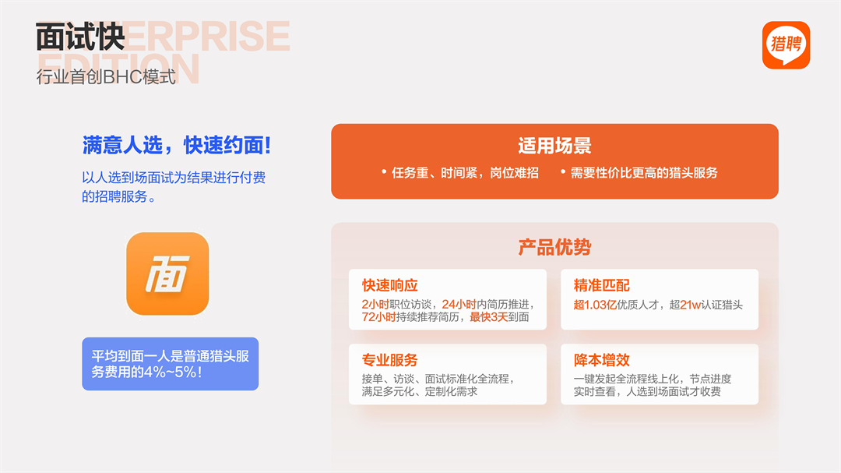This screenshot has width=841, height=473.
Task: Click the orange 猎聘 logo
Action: pos(786,45)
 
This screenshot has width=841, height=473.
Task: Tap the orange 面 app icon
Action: pos(167,274)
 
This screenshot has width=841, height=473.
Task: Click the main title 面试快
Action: pos(80,37)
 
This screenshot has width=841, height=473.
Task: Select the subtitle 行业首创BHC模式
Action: pos(106,77)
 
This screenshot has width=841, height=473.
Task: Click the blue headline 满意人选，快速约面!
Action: pos(177,145)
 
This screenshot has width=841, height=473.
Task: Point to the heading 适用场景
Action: pos(554,146)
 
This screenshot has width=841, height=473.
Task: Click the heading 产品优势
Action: pos(554,247)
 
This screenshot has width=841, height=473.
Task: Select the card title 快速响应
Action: pos(390,285)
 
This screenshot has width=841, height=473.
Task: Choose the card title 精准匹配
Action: pos(602,285)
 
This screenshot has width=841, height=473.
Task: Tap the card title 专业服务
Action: pos(390,360)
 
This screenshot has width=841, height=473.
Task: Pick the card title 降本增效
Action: pos(602,360)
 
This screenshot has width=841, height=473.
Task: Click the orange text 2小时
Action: pos(375,305)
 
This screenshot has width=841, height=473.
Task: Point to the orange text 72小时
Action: pos(378,317)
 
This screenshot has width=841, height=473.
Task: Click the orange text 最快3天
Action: pos(488,317)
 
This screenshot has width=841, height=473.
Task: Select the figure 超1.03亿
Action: pos(595,305)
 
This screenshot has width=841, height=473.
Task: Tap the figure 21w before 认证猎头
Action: pos(690,305)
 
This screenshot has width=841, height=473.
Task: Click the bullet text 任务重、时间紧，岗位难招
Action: pos(465,173)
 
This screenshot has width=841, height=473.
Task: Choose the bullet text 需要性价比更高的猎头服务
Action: pos(644,173)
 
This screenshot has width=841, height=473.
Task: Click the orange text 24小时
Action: pos(459,305)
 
